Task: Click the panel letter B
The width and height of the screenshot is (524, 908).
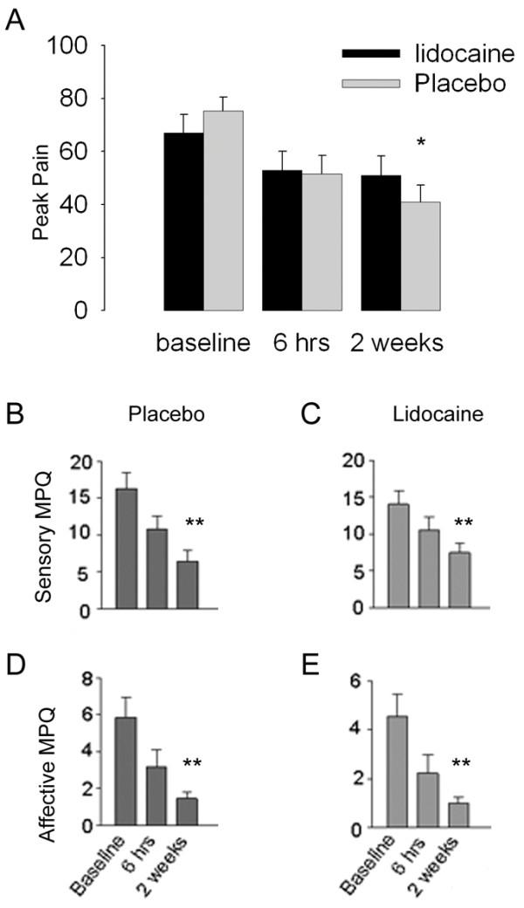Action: point(15,413)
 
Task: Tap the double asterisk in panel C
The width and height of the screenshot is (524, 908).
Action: point(462,523)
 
